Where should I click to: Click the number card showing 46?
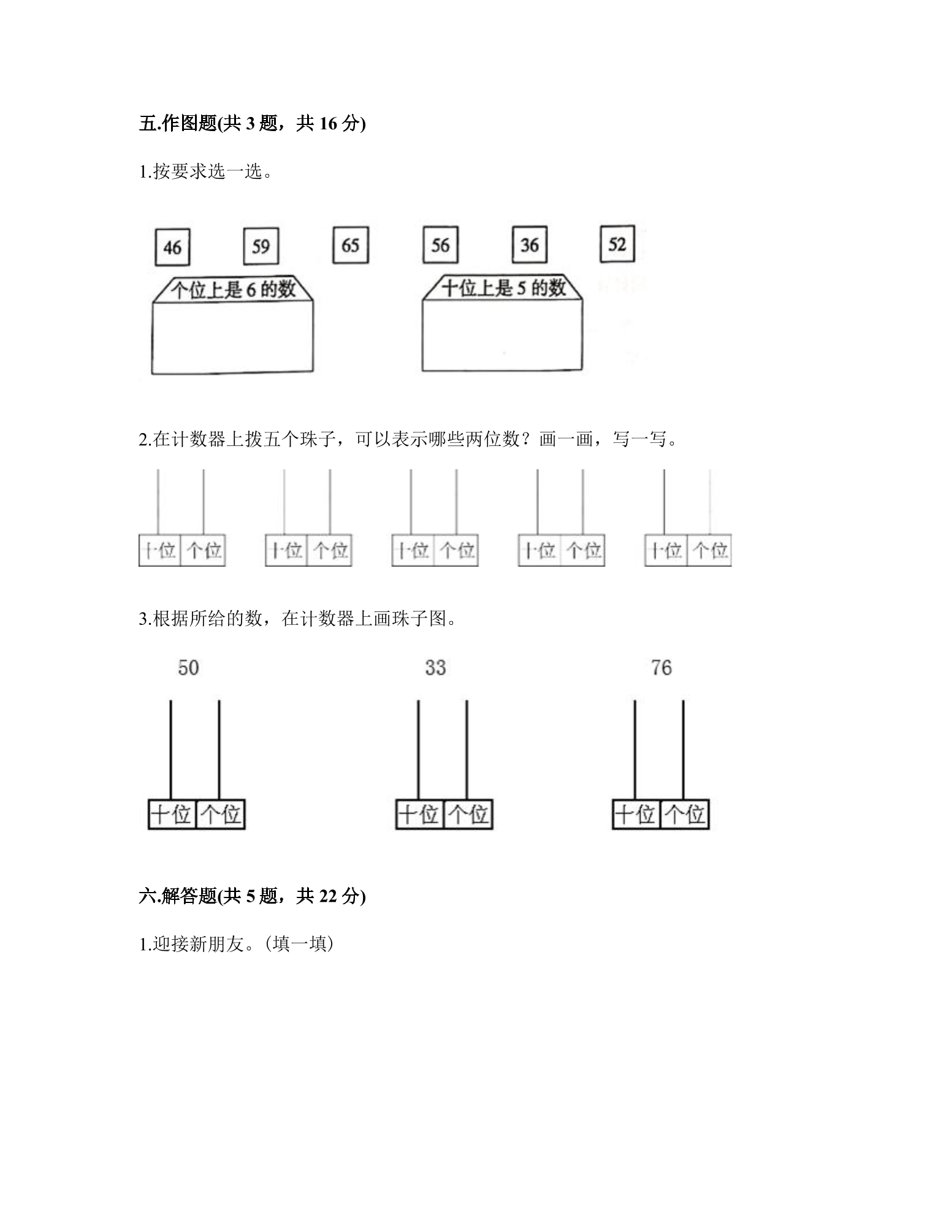(x=172, y=248)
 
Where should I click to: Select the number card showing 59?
(x=261, y=246)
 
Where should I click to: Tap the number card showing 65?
(x=350, y=245)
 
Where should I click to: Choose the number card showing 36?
(x=530, y=244)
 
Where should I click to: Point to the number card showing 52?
(x=617, y=244)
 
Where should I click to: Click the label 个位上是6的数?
(x=233, y=289)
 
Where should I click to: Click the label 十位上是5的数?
(x=503, y=287)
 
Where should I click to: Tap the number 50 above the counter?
(x=188, y=667)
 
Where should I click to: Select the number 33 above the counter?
(x=435, y=667)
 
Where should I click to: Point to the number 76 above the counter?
(x=662, y=667)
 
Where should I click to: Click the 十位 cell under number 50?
(x=172, y=814)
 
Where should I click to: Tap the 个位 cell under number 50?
(x=221, y=814)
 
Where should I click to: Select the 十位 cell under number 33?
(x=419, y=814)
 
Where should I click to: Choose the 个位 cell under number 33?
(x=468, y=814)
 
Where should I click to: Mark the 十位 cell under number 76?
(x=636, y=814)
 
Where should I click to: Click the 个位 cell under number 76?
(x=685, y=814)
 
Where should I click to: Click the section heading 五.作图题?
(x=178, y=124)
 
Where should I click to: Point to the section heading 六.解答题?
(x=178, y=896)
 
